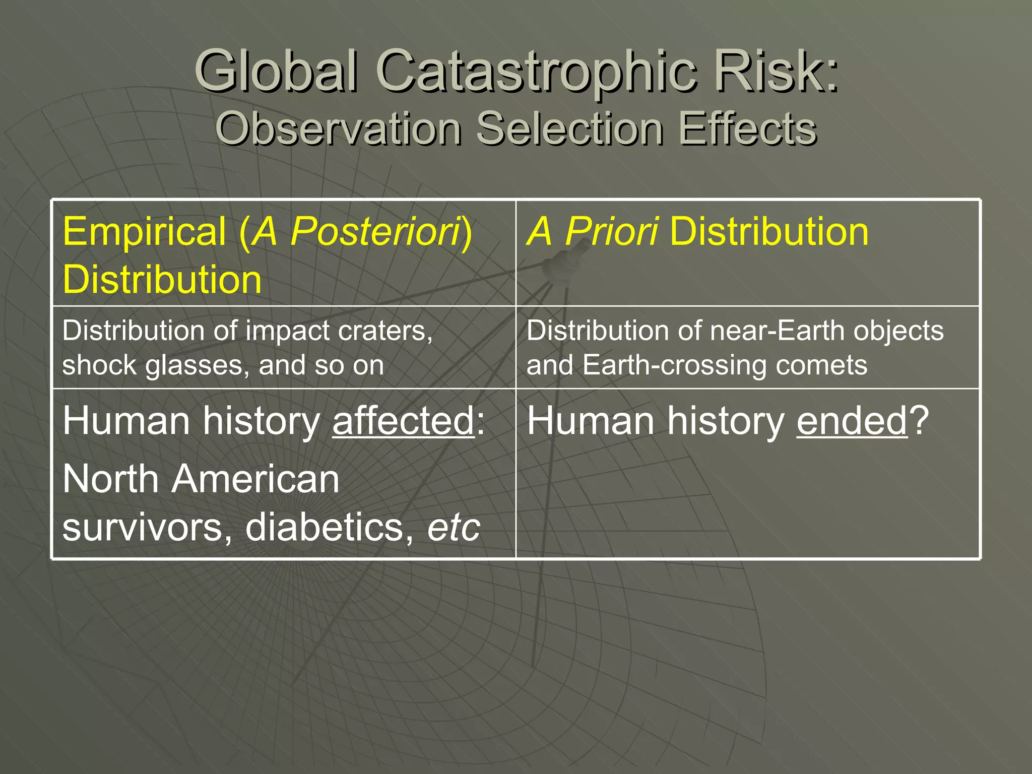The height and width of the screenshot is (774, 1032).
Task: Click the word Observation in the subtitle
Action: pos(338,128)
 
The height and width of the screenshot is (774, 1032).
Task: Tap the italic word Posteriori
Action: pos(375,232)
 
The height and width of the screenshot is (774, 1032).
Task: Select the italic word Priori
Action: pos(611,232)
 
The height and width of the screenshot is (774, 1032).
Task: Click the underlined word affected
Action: pos(403,421)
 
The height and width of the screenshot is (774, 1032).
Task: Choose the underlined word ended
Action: pos(852,421)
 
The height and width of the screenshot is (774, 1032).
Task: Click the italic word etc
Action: pos(454,528)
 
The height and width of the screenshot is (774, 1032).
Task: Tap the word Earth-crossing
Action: pos(675,365)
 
